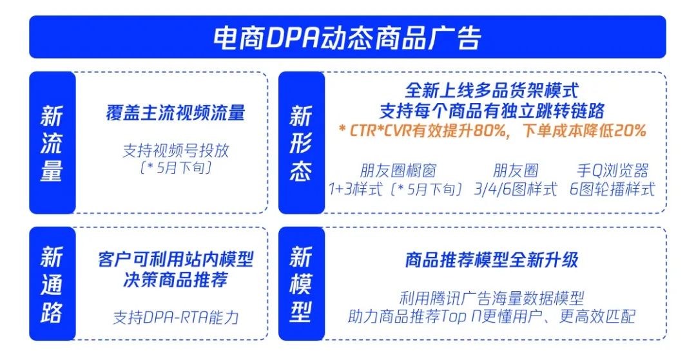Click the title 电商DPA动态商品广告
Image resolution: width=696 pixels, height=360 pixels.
347,38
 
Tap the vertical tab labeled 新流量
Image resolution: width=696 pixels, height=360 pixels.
52,143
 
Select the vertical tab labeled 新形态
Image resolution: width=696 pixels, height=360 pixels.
302,143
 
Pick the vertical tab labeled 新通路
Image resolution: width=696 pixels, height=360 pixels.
52,284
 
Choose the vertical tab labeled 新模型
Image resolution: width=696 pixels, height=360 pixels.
302,284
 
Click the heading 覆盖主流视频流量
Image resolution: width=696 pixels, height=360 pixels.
175,113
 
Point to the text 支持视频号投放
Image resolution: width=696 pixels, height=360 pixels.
175,151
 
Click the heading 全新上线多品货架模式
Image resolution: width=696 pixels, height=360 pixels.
492,90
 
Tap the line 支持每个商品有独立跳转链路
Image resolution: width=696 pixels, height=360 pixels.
492,110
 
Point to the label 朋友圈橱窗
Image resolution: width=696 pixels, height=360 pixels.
398,171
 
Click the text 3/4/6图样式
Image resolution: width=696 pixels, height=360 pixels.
516,189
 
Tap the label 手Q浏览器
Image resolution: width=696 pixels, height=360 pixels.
613,171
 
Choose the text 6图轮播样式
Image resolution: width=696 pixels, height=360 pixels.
613,189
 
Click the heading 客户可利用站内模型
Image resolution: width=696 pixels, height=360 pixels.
175,260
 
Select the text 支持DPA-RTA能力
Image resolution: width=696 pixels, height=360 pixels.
175,317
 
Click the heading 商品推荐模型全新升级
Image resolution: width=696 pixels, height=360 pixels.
492,260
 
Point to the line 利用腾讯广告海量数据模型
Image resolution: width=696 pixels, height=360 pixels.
492,298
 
